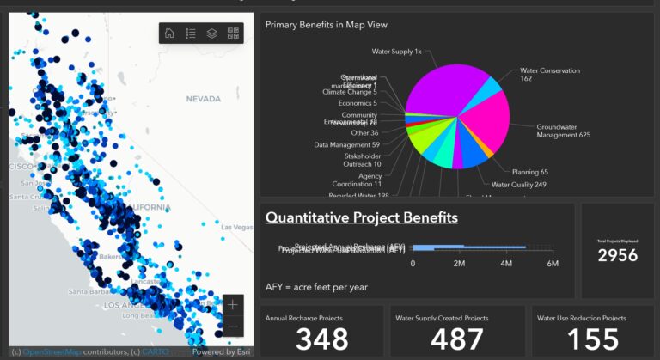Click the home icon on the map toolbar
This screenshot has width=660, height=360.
pos(169,34)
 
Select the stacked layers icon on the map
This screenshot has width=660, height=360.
pos(212,34)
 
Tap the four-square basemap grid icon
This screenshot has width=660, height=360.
pos(233,34)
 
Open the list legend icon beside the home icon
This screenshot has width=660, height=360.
pos(191,34)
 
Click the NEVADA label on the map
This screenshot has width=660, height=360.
pos(204,99)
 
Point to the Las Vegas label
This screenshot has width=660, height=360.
pos(237,227)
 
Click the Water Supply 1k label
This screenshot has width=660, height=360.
pos(396,52)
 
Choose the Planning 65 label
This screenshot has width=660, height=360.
pos(529,172)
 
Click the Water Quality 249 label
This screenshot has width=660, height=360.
pos(518,185)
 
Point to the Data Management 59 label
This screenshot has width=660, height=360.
pos(346,144)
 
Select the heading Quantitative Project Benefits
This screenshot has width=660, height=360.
pos(361,217)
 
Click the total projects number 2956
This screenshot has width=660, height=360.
pos(618,256)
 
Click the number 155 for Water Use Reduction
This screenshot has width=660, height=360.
pos(593,339)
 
